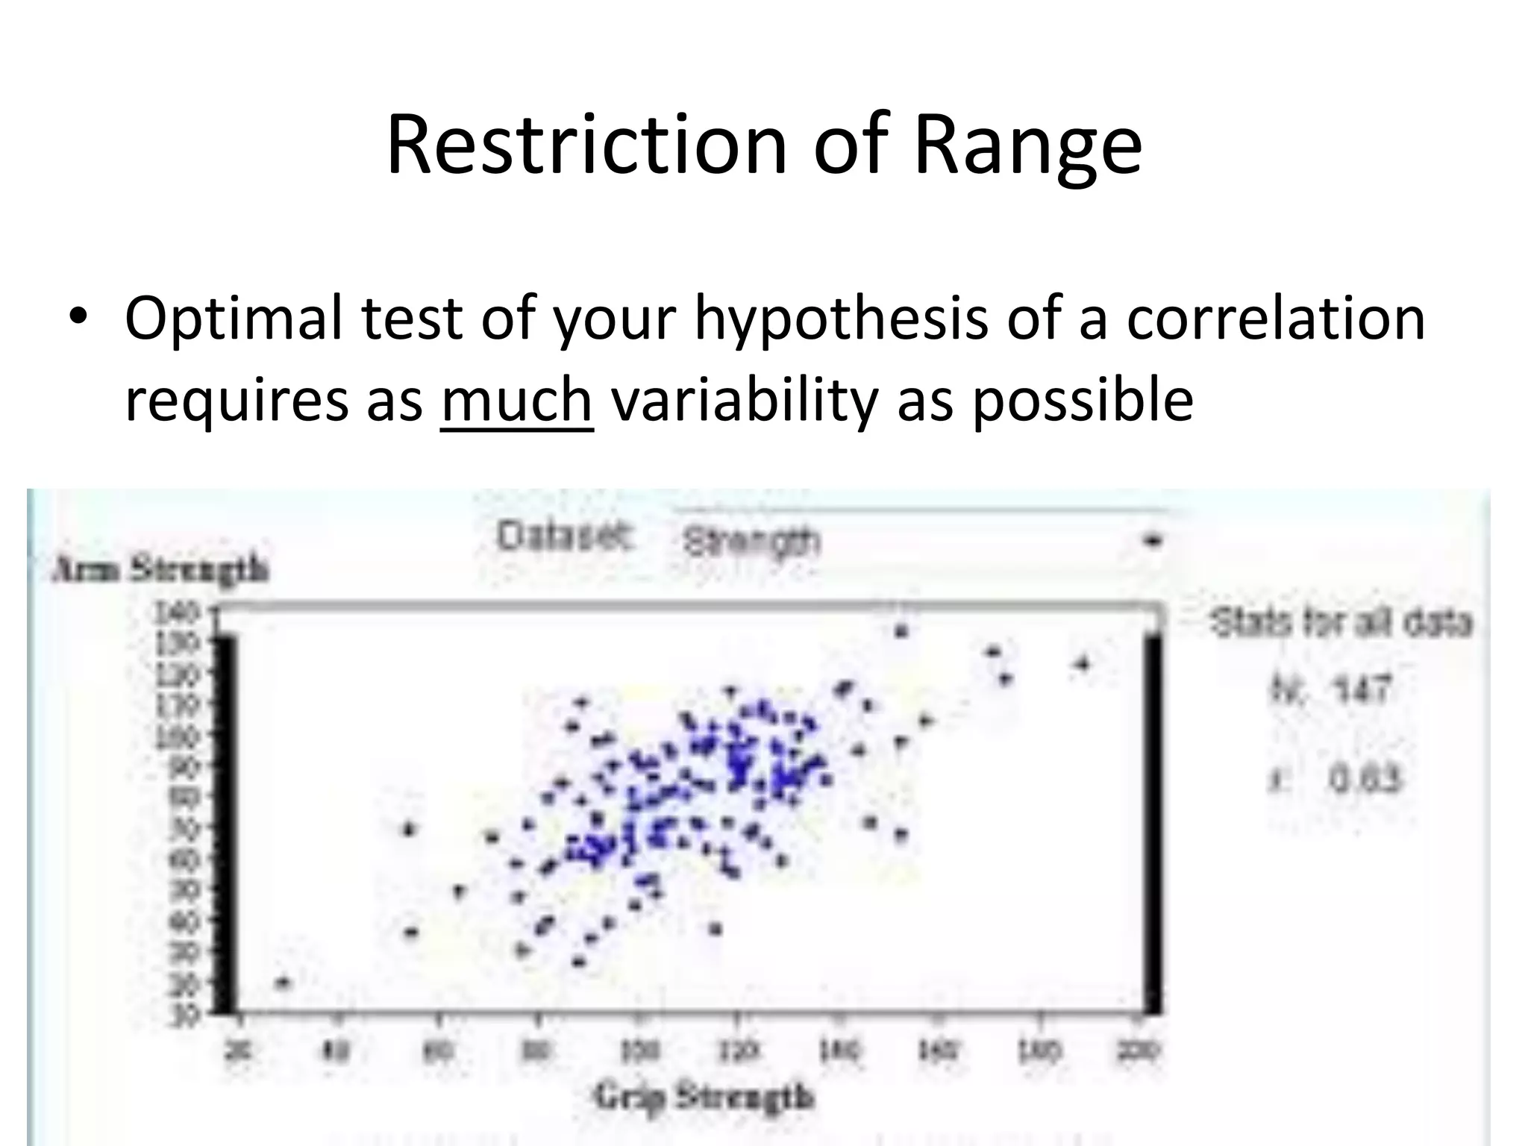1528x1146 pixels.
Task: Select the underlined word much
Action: (x=516, y=400)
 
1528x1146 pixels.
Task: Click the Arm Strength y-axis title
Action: (x=160, y=570)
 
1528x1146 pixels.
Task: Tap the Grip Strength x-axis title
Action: (x=704, y=1098)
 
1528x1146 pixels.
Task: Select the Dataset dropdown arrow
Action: (x=1153, y=541)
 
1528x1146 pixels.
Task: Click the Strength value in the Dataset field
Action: (x=751, y=542)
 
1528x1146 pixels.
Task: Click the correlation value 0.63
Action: (x=1365, y=780)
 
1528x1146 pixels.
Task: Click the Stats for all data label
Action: (x=1341, y=622)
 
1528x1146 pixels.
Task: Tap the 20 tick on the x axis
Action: (x=239, y=1050)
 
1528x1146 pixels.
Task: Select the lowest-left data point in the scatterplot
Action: (x=282, y=983)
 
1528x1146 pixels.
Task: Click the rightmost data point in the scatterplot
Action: (x=1083, y=663)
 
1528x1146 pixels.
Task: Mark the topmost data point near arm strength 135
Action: (x=901, y=631)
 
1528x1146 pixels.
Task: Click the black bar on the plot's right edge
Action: (x=1153, y=821)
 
